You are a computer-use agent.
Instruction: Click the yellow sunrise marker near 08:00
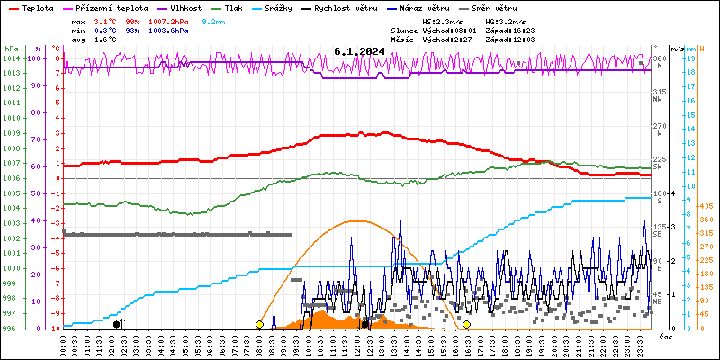coord(260,324)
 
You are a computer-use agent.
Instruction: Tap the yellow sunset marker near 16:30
coord(466,324)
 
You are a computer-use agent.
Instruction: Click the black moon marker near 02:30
coord(117,324)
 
